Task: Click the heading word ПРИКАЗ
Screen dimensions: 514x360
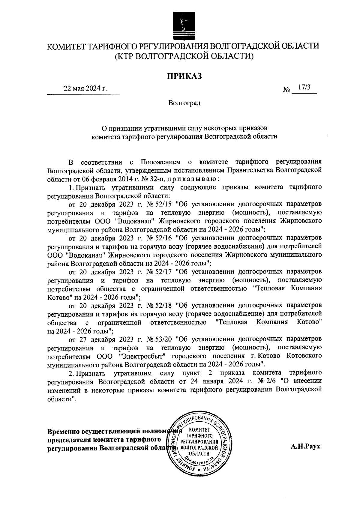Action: click(184, 76)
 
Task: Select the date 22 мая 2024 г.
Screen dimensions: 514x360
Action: click(85, 88)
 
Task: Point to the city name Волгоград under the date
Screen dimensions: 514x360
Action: click(184, 103)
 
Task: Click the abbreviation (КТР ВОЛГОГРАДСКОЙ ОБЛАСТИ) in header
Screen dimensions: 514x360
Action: click(184, 56)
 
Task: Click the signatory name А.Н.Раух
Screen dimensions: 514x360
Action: click(305, 446)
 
